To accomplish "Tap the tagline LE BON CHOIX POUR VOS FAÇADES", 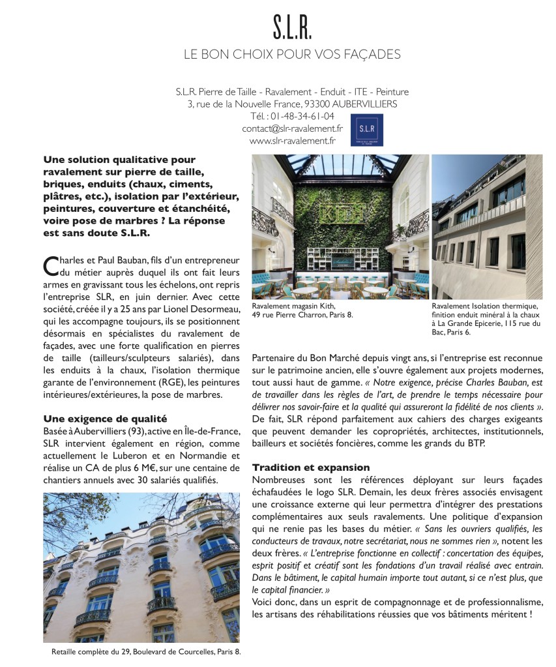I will pyautogui.click(x=291, y=53).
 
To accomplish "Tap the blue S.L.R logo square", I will pyautogui.click(x=367, y=130).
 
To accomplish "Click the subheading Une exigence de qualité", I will pyautogui.click(x=105, y=418).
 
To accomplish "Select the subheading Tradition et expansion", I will pyautogui.click(x=311, y=467).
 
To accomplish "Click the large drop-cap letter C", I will pyautogui.click(x=50, y=266).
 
